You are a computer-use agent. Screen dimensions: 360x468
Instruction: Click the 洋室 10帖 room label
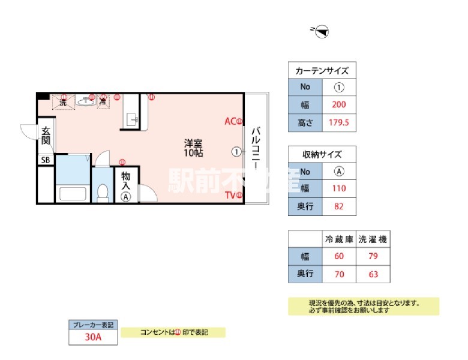pos(193,148)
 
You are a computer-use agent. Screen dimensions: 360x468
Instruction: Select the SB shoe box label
pos(46,160)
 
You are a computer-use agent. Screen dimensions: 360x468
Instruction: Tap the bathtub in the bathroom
pos(72,194)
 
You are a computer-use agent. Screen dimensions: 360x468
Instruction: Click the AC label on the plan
pos(230,121)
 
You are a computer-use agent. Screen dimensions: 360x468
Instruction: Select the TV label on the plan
pos(230,194)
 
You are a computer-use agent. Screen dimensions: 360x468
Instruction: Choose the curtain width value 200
pos(339,105)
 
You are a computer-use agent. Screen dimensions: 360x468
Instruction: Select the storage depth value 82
pos(339,207)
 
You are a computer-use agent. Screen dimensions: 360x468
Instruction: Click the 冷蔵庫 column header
pos(339,239)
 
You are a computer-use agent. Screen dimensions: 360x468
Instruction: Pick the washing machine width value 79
pos(373,257)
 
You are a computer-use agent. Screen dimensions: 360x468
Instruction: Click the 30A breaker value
pos(92,337)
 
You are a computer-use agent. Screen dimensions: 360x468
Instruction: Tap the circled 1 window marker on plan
pos(236,152)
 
